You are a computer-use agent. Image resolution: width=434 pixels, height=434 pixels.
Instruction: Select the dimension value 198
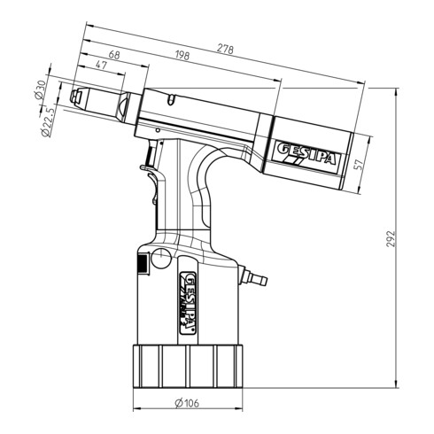click(x=182, y=58)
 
